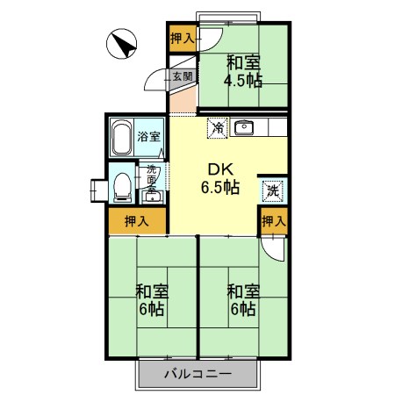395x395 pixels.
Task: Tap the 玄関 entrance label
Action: click(x=182, y=76)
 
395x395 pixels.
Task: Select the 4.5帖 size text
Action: click(x=242, y=81)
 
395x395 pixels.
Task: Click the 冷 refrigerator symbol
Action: click(x=217, y=128)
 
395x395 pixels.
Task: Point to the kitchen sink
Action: click(x=243, y=128)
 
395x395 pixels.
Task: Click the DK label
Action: click(x=220, y=169)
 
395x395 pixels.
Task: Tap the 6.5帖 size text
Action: click(x=220, y=187)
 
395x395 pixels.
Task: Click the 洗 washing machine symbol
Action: click(x=273, y=189)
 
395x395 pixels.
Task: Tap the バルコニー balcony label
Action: click(x=197, y=375)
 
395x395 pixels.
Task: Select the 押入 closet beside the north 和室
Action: click(x=183, y=38)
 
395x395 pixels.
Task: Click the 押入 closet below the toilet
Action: click(x=137, y=221)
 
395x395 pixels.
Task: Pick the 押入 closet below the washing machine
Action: click(x=273, y=221)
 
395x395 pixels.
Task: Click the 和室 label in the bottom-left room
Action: click(x=151, y=291)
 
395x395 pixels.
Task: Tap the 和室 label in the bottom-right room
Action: click(x=242, y=291)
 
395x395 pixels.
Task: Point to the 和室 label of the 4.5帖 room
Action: click(x=242, y=62)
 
